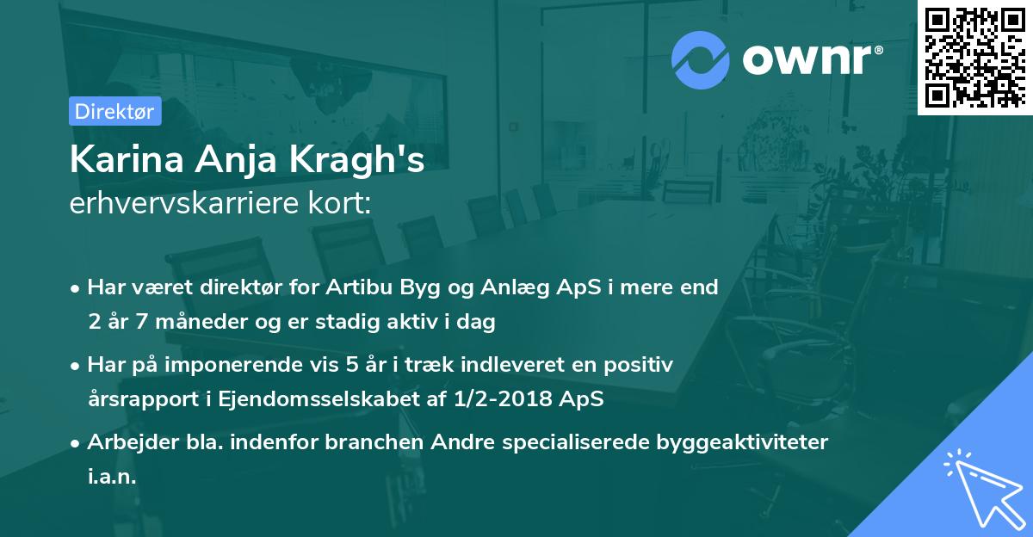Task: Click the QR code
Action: (x=975, y=57)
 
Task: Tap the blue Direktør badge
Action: (x=114, y=111)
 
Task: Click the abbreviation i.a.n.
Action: (x=112, y=477)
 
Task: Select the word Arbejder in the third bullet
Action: (x=126, y=442)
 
